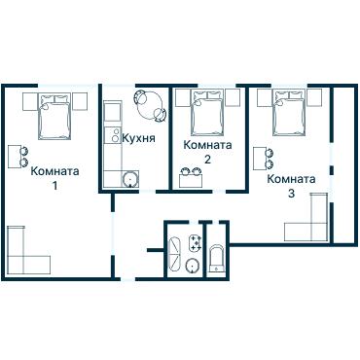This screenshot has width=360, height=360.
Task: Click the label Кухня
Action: click(138, 138)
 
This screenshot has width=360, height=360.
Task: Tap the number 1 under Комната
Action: click(55, 186)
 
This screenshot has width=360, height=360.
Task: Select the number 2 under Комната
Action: click(207, 160)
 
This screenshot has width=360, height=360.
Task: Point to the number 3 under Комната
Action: click(291, 194)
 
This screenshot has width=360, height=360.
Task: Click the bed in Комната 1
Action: click(54, 117)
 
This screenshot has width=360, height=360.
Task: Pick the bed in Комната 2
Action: click(207, 113)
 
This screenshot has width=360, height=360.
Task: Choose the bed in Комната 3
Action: click(289, 113)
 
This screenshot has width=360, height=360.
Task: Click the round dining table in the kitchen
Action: click(150, 106)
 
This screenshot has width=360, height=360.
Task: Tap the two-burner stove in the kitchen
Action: click(113, 135)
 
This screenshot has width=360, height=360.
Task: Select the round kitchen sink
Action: click(130, 179)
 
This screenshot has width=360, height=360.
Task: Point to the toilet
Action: click(216, 259)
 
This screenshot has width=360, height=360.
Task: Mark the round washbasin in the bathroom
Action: click(194, 267)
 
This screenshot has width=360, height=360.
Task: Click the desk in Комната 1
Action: click(15, 157)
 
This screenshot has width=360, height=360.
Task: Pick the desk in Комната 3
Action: click(260, 159)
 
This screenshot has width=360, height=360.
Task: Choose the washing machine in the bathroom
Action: click(196, 243)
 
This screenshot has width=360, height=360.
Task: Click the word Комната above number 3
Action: click(291, 179)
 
